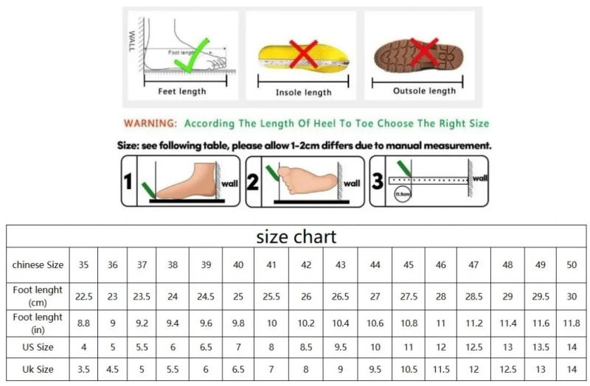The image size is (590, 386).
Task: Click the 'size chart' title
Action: click(x=296, y=236)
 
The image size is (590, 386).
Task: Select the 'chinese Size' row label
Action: click(x=38, y=264)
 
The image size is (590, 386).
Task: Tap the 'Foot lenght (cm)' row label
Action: click(x=38, y=296)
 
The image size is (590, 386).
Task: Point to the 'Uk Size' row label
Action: click(x=38, y=368)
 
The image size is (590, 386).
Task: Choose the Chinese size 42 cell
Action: click(x=305, y=264)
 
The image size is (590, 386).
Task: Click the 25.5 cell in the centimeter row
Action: click(x=271, y=296)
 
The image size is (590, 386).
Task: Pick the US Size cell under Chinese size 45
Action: click(x=408, y=345)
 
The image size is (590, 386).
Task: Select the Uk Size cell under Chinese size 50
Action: click(x=572, y=368)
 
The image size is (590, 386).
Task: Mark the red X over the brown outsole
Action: click(x=424, y=52)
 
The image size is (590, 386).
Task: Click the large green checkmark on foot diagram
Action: click(x=189, y=60)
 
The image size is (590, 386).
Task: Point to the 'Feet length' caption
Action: click(x=182, y=91)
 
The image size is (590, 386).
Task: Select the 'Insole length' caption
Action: click(x=303, y=92)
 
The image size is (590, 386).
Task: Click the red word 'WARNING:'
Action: click(x=150, y=124)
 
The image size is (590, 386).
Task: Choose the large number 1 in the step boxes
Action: click(x=128, y=180)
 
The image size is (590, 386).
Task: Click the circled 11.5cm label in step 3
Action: click(x=402, y=194)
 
